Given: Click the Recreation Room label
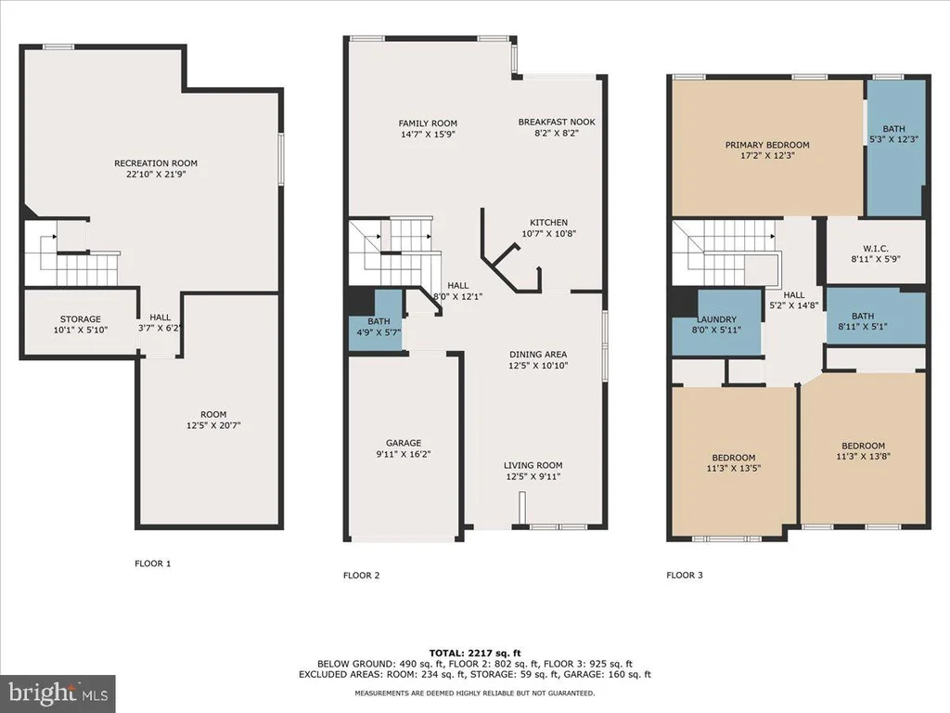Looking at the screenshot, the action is [x=156, y=163].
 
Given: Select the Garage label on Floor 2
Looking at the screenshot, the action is [x=404, y=443].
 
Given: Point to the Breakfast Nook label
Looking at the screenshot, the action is [x=557, y=122].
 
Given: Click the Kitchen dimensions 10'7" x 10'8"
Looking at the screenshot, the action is [x=549, y=233].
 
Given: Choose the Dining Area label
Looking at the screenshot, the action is [x=538, y=355].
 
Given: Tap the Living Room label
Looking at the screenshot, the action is [x=533, y=466].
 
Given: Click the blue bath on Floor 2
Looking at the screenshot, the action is [x=377, y=320].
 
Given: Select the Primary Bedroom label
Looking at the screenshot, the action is [x=767, y=145].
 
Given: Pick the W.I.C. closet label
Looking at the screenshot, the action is [x=876, y=249].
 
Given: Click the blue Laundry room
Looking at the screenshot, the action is [x=717, y=322].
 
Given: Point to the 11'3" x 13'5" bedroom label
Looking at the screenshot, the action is [x=734, y=463].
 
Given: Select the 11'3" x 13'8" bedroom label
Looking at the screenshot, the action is [x=864, y=451].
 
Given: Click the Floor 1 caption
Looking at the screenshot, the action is [x=153, y=564].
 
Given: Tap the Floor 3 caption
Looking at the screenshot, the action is [x=685, y=576].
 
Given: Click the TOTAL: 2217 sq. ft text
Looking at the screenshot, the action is [x=475, y=653].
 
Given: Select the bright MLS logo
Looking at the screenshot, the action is [x=58, y=694].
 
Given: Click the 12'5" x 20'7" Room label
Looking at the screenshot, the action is [x=214, y=421].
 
